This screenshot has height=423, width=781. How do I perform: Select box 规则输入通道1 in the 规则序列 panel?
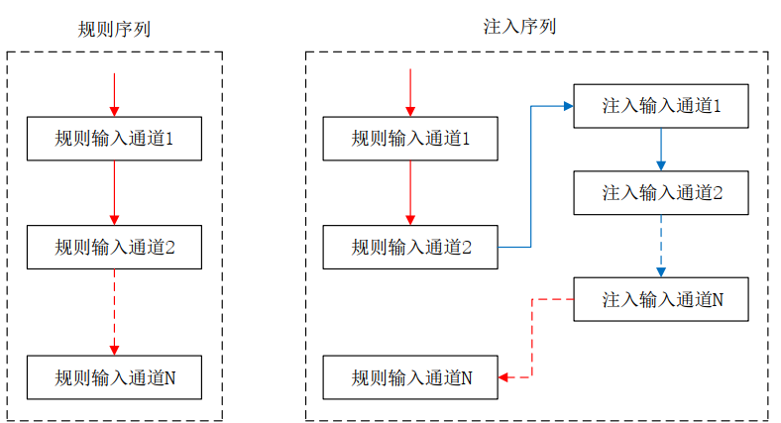tap(114, 139)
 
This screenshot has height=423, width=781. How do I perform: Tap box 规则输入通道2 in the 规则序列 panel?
tap(114, 247)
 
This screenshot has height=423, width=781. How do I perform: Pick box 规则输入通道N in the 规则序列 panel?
tap(114, 377)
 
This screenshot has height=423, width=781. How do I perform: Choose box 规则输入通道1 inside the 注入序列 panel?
tap(410, 139)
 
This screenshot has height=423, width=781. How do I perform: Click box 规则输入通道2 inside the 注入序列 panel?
tap(410, 247)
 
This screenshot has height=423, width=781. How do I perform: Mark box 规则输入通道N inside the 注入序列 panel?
tap(410, 377)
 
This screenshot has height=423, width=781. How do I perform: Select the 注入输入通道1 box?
tap(661, 105)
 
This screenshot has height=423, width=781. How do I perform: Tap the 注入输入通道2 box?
tap(661, 192)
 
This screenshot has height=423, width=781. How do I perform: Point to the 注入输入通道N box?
tap(661, 299)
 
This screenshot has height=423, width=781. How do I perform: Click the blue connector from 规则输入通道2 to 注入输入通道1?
tap(532, 173)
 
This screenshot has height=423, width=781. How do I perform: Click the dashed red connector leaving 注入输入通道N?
tap(533, 337)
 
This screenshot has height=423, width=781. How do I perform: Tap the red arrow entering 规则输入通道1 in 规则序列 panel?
tap(114, 94)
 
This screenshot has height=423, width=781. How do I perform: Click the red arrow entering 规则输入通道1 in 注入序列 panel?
tap(410, 94)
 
